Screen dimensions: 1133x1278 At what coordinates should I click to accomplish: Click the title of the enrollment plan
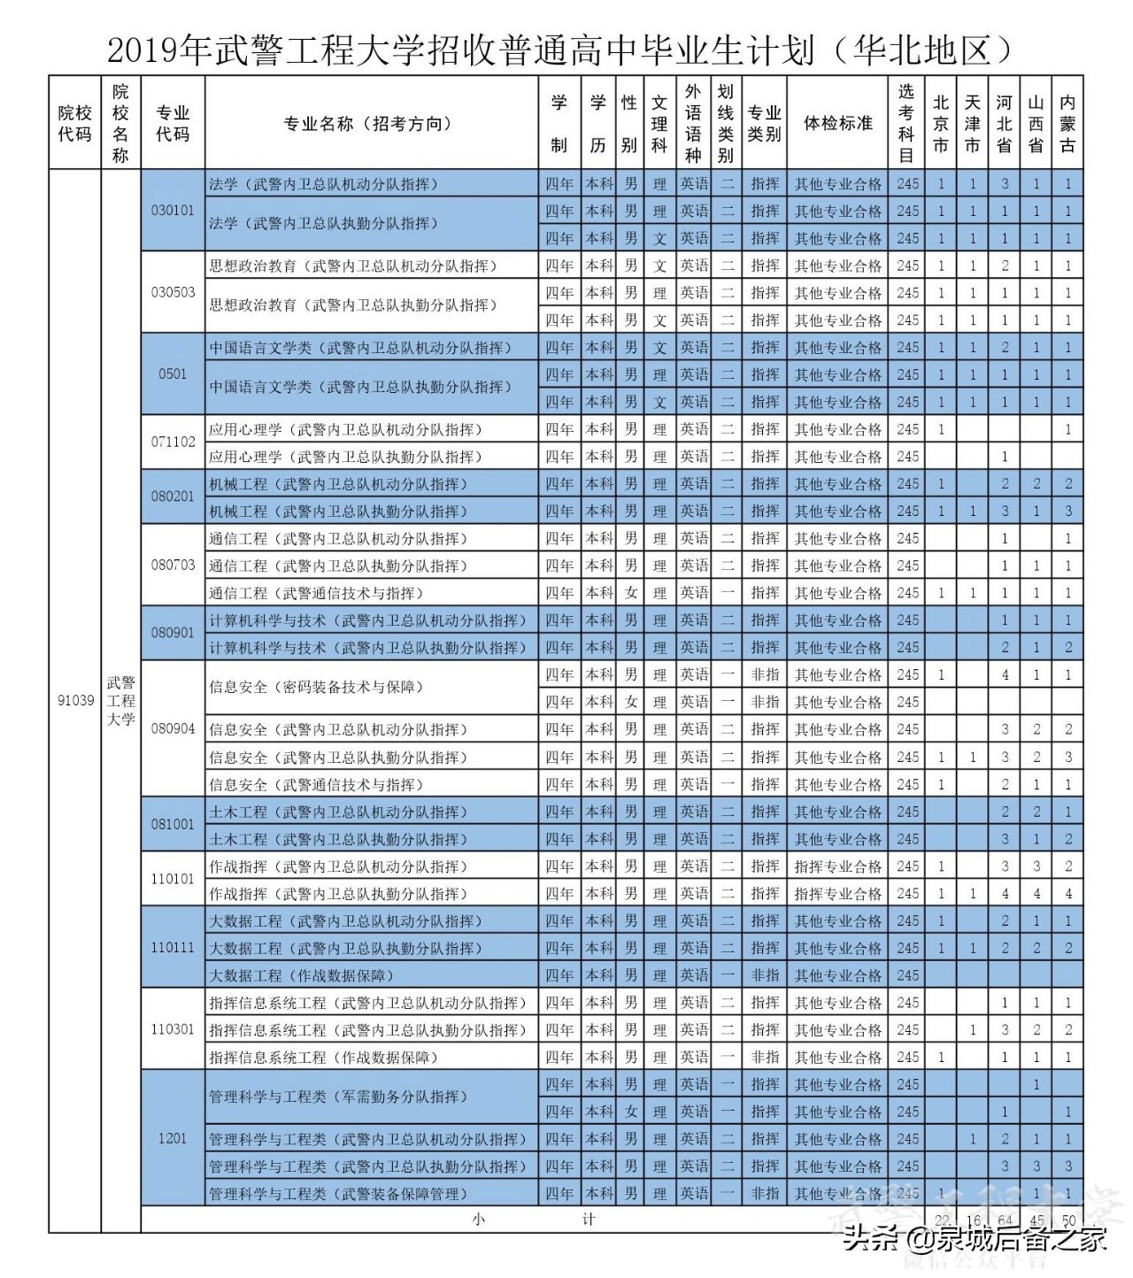(x=559, y=50)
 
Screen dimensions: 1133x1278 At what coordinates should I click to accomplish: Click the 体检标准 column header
(x=837, y=123)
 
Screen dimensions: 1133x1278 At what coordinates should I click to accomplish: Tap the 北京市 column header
(x=940, y=123)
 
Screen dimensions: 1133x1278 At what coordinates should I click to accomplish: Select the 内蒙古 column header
(x=1067, y=123)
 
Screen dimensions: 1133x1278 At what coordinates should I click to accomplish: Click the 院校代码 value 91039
(x=75, y=700)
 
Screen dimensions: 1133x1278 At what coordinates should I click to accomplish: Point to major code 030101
(x=173, y=211)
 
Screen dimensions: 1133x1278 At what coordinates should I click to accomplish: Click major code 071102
(x=173, y=442)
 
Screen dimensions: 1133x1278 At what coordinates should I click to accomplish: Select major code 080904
(x=173, y=728)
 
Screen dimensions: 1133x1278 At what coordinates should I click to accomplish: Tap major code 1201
(x=173, y=1137)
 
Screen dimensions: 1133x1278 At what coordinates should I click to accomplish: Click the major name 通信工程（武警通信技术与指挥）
(x=316, y=593)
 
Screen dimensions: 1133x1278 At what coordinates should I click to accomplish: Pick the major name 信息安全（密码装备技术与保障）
(x=316, y=687)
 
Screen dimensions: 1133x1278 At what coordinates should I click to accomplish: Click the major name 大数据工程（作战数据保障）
(x=301, y=975)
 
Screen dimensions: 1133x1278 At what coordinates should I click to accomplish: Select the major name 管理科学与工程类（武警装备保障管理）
(x=336, y=1194)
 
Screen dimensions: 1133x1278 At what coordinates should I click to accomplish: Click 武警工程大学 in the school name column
(x=121, y=700)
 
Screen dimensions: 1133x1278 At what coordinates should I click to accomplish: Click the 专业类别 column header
(x=764, y=123)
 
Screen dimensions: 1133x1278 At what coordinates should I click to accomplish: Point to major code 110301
(x=173, y=1029)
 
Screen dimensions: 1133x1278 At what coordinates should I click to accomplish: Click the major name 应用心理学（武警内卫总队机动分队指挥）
(x=345, y=429)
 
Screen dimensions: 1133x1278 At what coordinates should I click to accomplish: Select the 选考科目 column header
(x=906, y=123)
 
